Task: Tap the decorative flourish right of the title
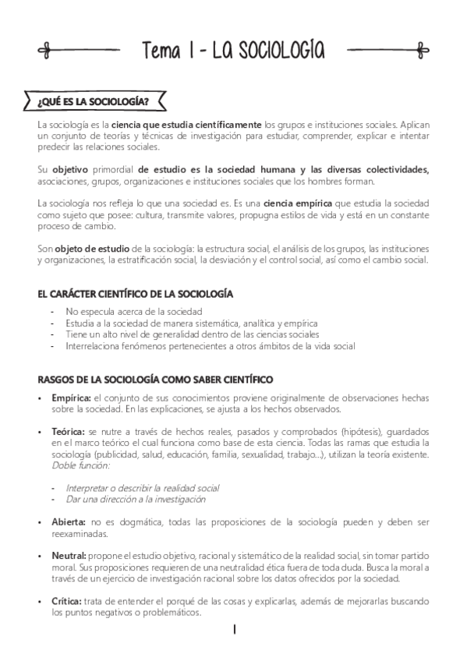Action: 387,50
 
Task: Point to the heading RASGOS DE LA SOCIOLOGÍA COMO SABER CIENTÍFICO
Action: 155,380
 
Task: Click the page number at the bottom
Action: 233,631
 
